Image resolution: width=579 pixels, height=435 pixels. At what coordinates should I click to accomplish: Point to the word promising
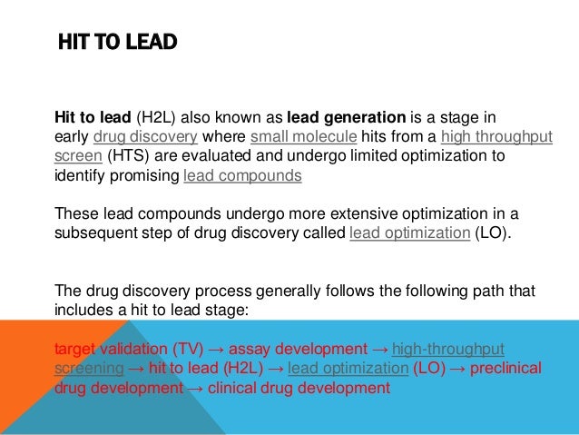pyautogui.click(x=146, y=175)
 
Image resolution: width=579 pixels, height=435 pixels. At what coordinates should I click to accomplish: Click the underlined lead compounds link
pyautogui.click(x=242, y=175)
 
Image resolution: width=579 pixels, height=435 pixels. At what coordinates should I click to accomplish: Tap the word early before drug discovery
pyautogui.click(x=73, y=137)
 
